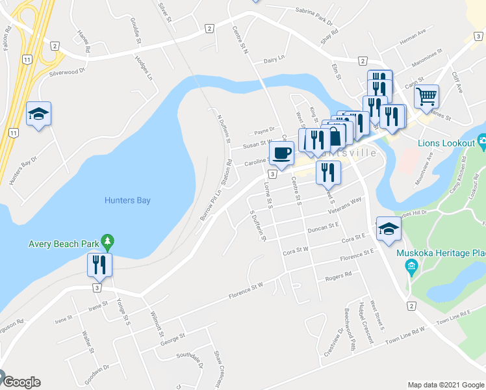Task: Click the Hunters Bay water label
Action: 127,200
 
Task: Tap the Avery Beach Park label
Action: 63,245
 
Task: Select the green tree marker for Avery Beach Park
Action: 108,244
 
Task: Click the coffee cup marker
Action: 281,153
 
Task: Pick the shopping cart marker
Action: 426,96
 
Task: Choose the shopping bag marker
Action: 335,136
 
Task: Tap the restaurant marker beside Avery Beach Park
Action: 100,264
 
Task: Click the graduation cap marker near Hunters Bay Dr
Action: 38,114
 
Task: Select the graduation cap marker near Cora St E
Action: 389,228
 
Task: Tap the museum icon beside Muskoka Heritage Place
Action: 411,266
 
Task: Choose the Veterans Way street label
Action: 346,205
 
